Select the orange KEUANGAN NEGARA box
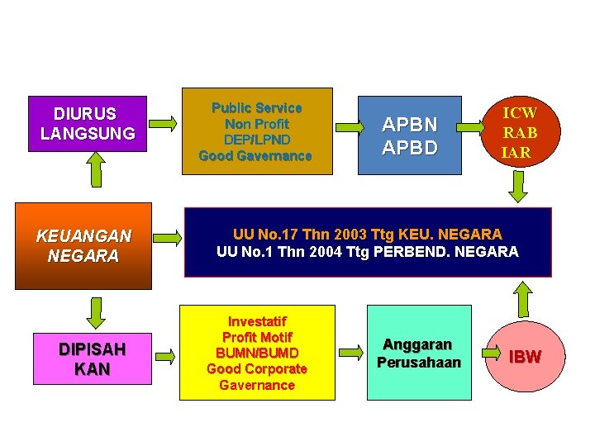coord(85,245)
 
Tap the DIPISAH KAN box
coord(92,359)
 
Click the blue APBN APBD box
coord(409,135)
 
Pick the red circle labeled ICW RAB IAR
coord(520,132)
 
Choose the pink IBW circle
coord(524,357)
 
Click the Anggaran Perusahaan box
coord(418,353)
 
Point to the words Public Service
coord(256,108)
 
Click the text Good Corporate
coord(256,369)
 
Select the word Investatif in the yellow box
coord(256,321)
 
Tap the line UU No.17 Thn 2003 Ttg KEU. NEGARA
coord(367,235)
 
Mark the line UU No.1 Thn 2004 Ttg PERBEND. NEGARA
coord(367,251)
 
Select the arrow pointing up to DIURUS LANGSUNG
coord(97,170)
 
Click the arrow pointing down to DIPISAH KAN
coord(97,311)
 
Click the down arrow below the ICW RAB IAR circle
coord(518,187)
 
